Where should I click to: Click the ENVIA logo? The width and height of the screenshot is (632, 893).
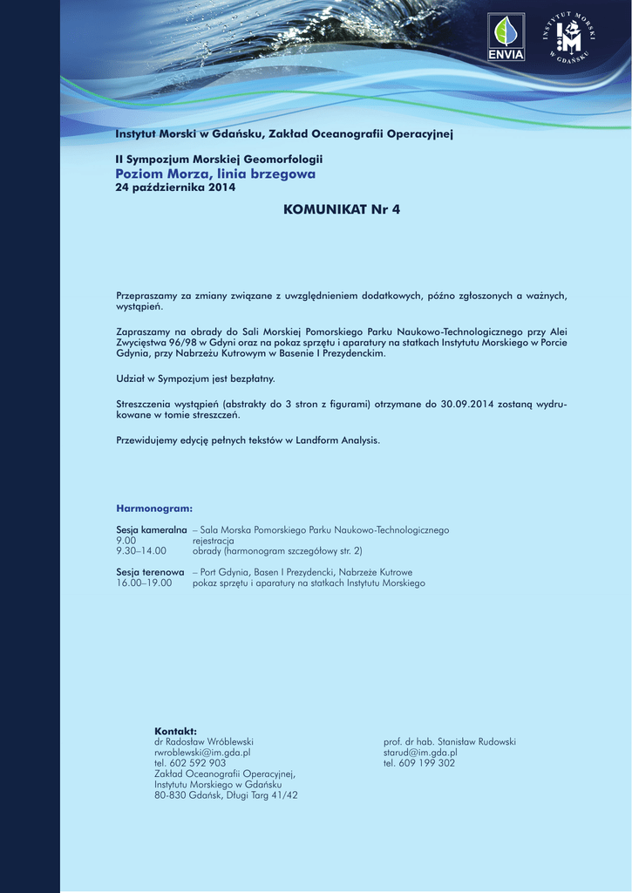(506, 37)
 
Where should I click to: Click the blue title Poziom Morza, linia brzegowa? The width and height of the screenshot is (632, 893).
(215, 174)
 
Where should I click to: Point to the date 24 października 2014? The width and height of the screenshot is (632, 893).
(176, 188)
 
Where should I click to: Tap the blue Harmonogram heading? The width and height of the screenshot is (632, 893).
(154, 508)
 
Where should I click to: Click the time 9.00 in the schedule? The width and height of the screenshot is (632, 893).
(126, 541)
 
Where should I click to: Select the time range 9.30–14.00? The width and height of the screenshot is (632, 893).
(141, 551)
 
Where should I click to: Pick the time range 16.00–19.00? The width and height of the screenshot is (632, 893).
(144, 583)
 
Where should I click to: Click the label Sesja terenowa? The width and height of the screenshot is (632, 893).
(150, 572)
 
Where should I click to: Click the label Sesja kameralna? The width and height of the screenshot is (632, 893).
(152, 530)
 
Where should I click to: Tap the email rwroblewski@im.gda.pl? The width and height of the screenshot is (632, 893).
(202, 752)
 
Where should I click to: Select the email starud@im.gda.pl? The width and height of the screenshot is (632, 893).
(420, 752)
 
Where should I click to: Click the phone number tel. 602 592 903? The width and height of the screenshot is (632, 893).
(190, 762)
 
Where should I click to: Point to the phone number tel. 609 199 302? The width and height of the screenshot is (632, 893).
(419, 762)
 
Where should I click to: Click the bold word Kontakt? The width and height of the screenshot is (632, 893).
(175, 731)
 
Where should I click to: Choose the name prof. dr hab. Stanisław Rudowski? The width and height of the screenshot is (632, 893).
(450, 741)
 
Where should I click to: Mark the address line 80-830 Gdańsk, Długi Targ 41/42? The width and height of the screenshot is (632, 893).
(226, 794)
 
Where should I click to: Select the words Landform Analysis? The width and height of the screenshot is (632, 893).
(337, 440)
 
